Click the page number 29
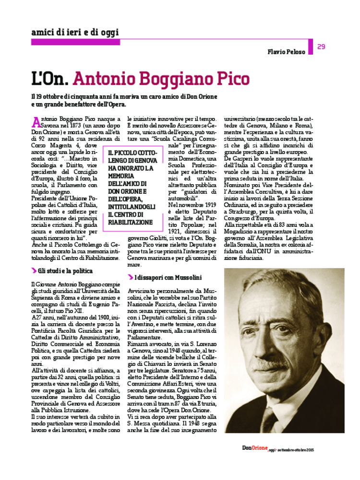click(322, 47)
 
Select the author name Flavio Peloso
click(287, 52)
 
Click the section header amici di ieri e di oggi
click(74, 33)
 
